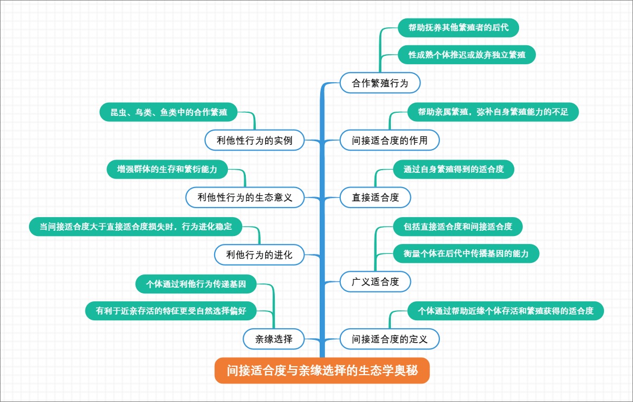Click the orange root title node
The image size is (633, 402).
(x=322, y=371)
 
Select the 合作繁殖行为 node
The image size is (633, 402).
(x=380, y=83)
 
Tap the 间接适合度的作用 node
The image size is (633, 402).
(x=389, y=141)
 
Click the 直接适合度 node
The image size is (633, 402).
(x=375, y=198)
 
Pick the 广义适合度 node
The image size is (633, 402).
(x=375, y=281)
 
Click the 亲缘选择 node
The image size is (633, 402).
(x=274, y=339)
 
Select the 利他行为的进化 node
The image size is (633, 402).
(x=259, y=255)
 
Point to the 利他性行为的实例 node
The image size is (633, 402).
(x=254, y=140)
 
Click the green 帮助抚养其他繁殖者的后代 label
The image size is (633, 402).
(x=458, y=27)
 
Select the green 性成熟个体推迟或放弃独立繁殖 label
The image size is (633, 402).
(x=466, y=55)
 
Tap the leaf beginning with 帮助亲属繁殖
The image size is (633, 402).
(x=493, y=112)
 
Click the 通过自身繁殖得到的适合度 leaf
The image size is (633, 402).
(x=454, y=170)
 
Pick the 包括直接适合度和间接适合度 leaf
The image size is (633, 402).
(x=458, y=227)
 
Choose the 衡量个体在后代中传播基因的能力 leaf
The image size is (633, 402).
(x=466, y=253)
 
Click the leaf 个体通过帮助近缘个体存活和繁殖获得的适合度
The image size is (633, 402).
(x=505, y=311)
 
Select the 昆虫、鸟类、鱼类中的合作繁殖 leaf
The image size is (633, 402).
(x=169, y=112)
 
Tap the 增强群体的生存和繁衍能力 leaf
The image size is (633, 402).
(x=167, y=169)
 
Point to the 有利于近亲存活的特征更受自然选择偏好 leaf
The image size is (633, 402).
(x=171, y=311)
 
